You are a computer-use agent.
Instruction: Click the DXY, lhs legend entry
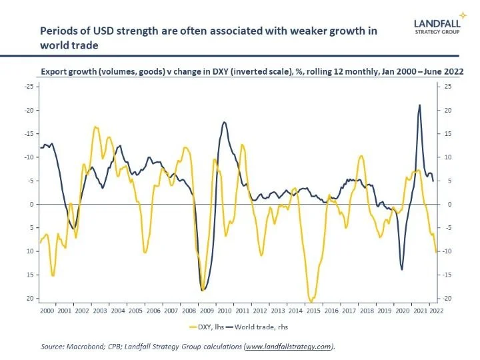point(212,327)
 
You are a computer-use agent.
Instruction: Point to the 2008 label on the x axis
point(189,310)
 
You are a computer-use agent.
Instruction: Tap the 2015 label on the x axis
point(313,310)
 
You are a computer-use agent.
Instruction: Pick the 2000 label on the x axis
point(47,310)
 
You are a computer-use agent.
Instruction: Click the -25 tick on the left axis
point(29,87)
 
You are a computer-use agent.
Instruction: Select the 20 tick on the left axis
point(30,298)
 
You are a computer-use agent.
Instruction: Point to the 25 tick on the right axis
point(448,87)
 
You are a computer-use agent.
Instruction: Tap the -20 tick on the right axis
point(449,298)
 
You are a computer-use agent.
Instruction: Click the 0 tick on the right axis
point(447,204)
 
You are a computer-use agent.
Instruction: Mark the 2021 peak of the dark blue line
point(419,105)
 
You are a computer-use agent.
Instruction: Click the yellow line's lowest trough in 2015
point(311,302)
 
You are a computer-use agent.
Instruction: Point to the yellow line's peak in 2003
point(95,127)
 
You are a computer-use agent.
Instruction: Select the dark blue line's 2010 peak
point(224,122)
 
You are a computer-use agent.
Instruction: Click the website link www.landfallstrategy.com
point(288,347)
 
